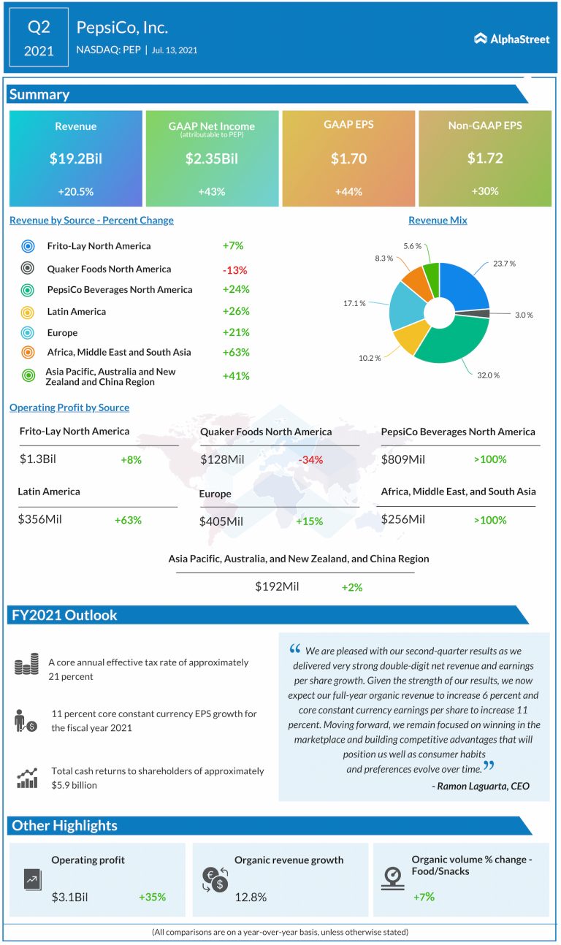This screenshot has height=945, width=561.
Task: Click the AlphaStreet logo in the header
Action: (x=511, y=39)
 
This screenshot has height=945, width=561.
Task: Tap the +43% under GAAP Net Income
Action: (x=212, y=191)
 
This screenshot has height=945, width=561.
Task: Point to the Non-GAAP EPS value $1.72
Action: (x=484, y=158)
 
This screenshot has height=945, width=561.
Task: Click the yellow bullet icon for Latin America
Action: (x=28, y=312)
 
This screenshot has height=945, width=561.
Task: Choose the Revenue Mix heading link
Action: (x=438, y=220)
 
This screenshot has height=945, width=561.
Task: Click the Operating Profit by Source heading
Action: (x=69, y=408)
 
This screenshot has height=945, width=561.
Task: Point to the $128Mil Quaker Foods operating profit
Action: (x=222, y=460)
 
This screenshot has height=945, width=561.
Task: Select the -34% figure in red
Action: (x=310, y=460)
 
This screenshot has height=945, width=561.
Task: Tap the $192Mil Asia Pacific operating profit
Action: (x=277, y=586)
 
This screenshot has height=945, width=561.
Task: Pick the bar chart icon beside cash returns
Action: (x=27, y=777)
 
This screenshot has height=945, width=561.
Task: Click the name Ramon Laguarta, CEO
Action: (x=481, y=787)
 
